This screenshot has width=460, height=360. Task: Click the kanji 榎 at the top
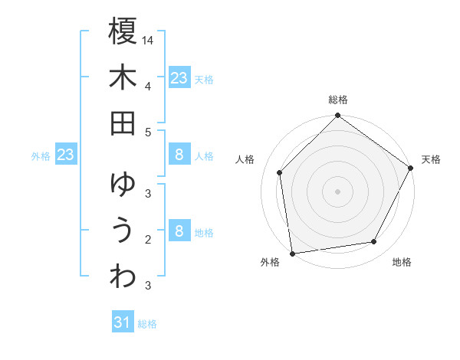[123, 32]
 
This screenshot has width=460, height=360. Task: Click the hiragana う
[123, 230]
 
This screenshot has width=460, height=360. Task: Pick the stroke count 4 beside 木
[148, 86]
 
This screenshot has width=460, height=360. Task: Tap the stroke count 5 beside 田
[148, 132]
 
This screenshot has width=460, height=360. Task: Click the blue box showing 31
[123, 322]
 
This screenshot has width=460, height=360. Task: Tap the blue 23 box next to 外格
[65, 155]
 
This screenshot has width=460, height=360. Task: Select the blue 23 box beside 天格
[179, 77]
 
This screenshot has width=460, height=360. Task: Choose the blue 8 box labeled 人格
[179, 155]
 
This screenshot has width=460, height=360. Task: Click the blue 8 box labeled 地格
[179, 231]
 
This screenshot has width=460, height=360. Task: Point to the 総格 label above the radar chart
[338, 100]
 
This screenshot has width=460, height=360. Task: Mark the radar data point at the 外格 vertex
[292, 253]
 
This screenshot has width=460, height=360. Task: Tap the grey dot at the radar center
[337, 191]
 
